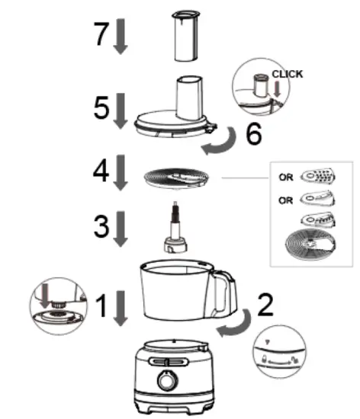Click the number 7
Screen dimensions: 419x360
98,34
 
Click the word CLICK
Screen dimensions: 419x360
287,74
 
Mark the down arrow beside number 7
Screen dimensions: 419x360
120,38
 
